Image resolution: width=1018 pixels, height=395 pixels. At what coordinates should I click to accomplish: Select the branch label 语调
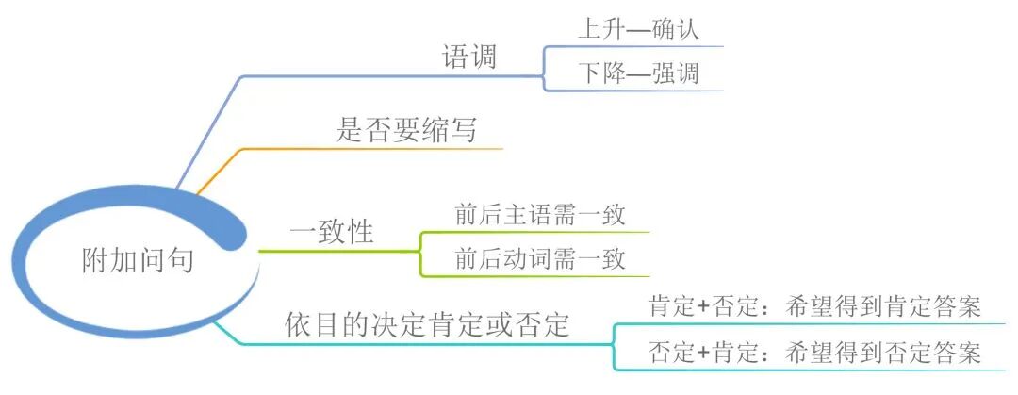(x=469, y=58)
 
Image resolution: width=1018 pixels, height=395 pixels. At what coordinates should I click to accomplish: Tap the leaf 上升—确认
(x=638, y=28)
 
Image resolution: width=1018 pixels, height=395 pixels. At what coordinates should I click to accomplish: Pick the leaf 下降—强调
(x=638, y=74)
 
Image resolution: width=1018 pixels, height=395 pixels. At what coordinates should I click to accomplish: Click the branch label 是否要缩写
(x=406, y=130)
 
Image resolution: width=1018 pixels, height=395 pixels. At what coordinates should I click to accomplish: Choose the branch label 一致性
(x=331, y=232)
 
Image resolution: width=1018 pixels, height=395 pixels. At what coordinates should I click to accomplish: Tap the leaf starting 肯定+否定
(x=815, y=306)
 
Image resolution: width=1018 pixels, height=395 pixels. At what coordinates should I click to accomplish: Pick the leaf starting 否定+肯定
(x=815, y=353)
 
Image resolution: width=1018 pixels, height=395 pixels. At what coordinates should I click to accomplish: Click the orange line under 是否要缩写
(x=377, y=149)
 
